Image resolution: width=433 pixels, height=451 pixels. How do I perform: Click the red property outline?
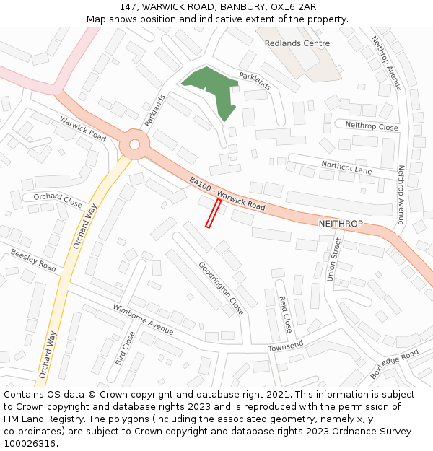(213, 214)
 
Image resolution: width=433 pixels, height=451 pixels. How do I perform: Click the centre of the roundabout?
(134, 144)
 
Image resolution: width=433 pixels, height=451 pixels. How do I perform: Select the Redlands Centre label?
(297, 43)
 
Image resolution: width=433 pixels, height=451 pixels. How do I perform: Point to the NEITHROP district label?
(341, 224)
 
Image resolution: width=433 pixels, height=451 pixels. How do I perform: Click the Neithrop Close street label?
(371, 126)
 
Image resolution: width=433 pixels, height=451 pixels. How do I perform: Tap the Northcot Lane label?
(346, 167)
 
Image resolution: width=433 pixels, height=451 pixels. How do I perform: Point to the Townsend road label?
(286, 346)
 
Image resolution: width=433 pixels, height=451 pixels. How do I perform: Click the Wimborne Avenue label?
(143, 319)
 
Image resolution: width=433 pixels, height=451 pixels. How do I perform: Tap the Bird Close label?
(124, 348)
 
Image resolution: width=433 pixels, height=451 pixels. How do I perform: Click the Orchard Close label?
(58, 199)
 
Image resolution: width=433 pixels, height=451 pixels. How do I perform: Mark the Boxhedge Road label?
(394, 364)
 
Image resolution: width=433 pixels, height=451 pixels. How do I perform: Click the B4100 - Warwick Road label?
(227, 194)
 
